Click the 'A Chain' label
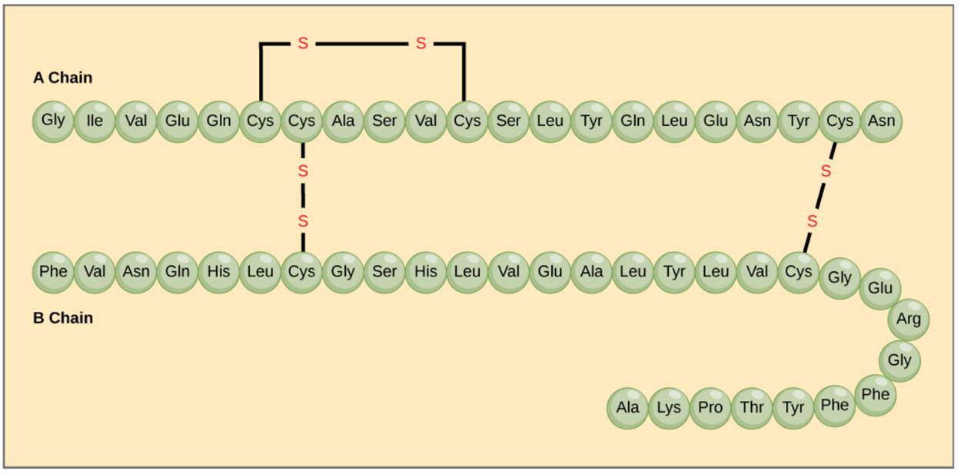(x=62, y=78)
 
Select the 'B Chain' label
(x=62, y=318)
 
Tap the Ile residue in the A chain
(x=95, y=121)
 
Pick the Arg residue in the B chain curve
(x=908, y=319)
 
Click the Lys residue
(x=669, y=407)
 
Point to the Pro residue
(x=710, y=407)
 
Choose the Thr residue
(x=752, y=407)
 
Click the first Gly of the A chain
(x=53, y=121)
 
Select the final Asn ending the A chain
(x=881, y=121)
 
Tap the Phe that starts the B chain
(x=53, y=272)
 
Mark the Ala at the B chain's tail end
(x=627, y=407)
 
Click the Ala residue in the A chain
(x=343, y=121)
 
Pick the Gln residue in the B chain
(x=177, y=272)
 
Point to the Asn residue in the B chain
(x=135, y=272)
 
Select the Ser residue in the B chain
(x=384, y=272)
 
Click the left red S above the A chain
(x=303, y=44)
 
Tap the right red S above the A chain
(x=421, y=44)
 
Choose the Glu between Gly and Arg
(x=880, y=288)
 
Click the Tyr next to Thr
(x=793, y=407)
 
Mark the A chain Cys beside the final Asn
(x=840, y=121)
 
